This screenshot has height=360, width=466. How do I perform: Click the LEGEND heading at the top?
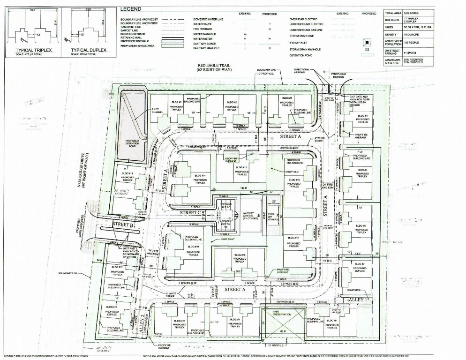tap(132, 9)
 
